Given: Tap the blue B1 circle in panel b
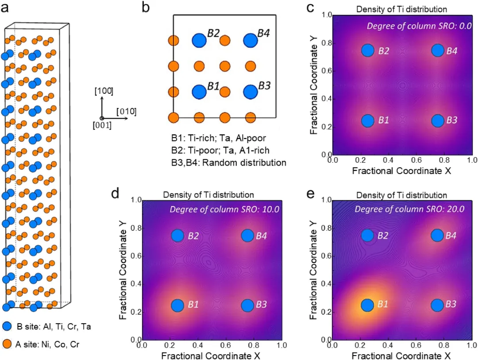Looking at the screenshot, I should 199,92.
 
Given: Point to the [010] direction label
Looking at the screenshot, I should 126,111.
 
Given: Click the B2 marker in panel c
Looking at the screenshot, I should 367,50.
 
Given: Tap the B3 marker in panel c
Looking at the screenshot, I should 437,120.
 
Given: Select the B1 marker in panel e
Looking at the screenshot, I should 367,305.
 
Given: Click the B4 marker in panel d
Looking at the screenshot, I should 247,236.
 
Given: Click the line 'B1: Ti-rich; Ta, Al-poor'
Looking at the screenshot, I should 219,138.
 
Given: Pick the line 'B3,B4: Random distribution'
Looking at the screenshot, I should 229,162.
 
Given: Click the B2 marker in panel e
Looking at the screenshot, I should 367,236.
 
